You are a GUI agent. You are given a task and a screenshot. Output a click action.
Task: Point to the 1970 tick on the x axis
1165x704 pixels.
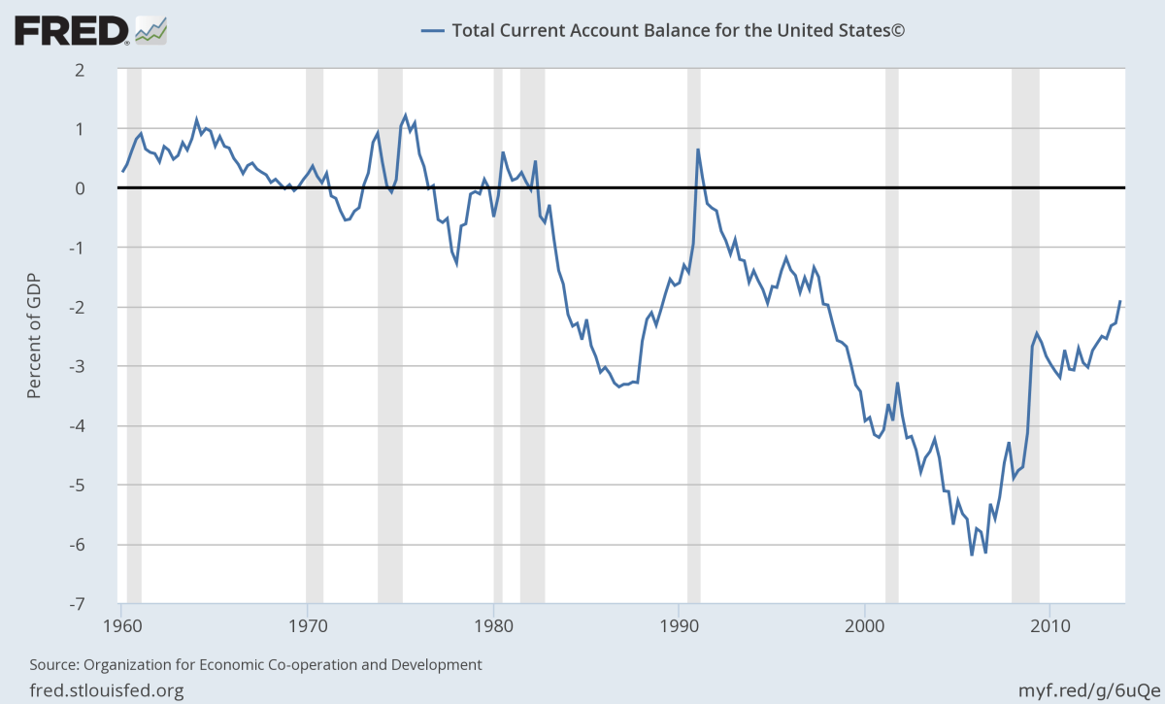pyautogui.click(x=308, y=623)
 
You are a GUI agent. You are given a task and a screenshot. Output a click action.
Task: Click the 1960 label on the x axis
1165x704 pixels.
pyautogui.click(x=122, y=623)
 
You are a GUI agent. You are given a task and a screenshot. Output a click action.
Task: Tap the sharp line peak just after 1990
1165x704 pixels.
pyautogui.click(x=697, y=150)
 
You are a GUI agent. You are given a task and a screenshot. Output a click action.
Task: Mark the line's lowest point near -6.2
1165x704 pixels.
pyautogui.click(x=972, y=555)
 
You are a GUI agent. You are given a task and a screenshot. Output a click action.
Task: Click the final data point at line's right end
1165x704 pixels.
pyautogui.click(x=1120, y=301)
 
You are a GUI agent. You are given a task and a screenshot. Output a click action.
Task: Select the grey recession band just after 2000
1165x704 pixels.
pyautogui.click(x=891, y=336)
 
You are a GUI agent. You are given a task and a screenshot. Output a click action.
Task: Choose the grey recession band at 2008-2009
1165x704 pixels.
pyautogui.click(x=1025, y=336)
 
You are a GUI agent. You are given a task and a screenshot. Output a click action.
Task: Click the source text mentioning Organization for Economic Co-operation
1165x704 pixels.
pyautogui.click(x=256, y=665)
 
